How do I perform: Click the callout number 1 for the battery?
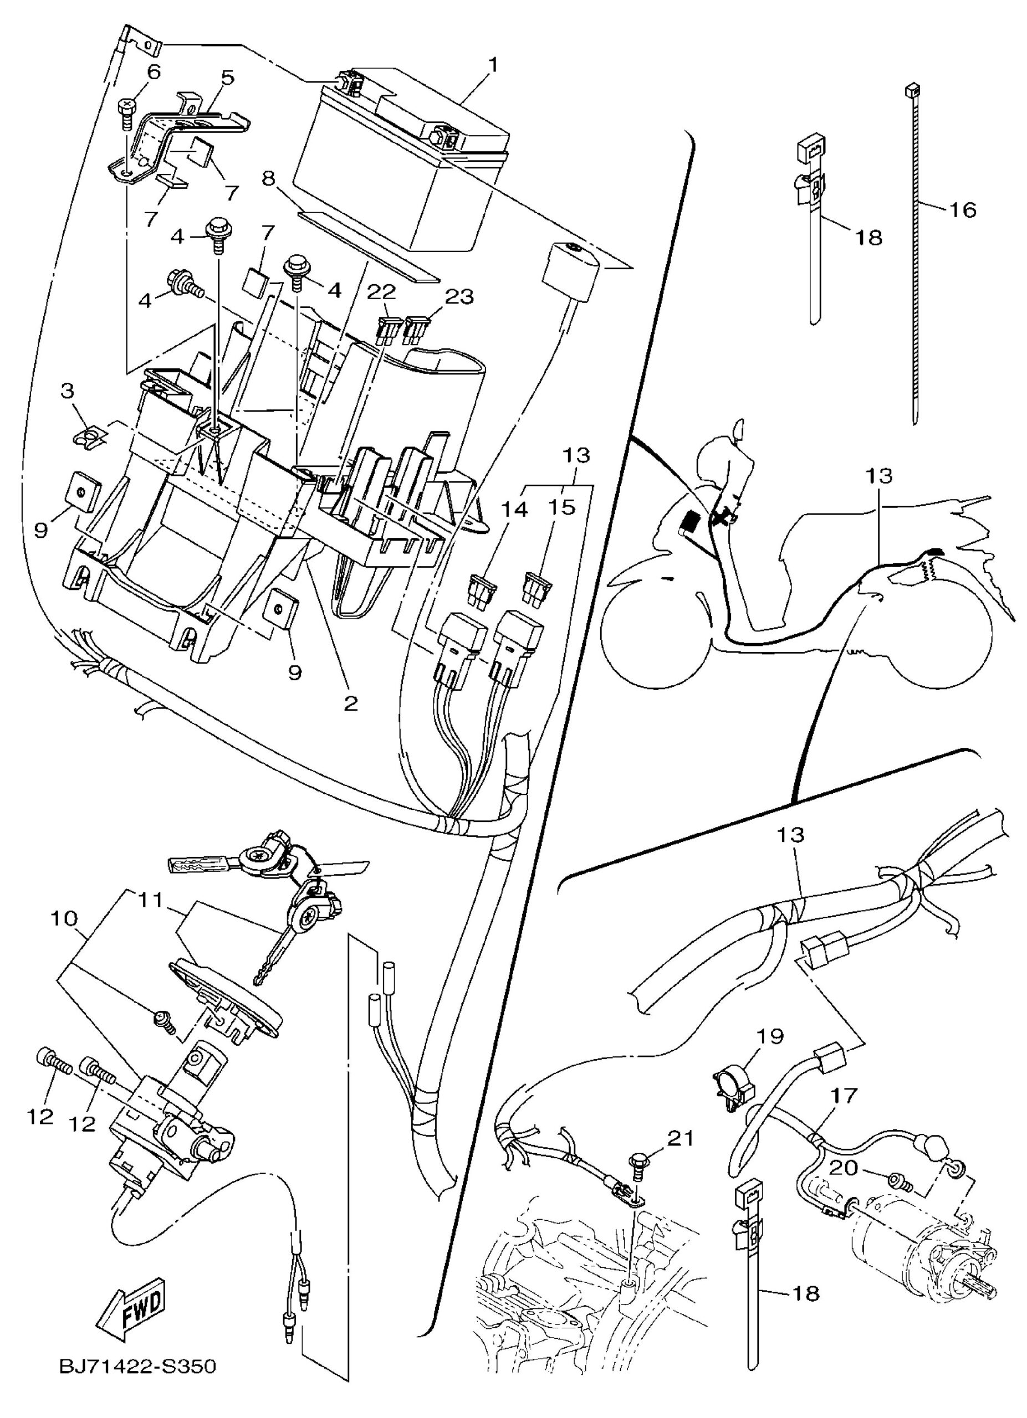[493, 64]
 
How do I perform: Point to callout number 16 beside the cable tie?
[964, 209]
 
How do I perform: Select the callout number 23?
[459, 296]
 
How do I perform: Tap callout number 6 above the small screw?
[153, 72]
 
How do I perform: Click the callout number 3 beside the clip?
[68, 392]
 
